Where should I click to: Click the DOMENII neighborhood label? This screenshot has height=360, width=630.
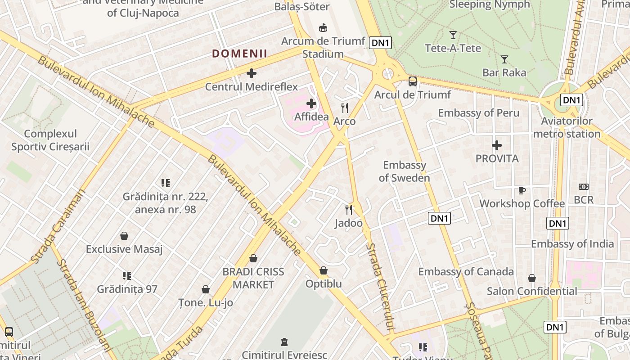click(x=239, y=54)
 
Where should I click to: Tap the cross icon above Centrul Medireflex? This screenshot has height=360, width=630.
click(x=252, y=73)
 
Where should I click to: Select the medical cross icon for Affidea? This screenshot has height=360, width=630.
click(x=311, y=104)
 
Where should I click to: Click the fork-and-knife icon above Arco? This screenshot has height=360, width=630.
click(x=345, y=108)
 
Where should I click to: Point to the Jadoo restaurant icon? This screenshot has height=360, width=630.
click(x=349, y=210)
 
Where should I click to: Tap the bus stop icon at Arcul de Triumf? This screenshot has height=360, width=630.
click(x=413, y=81)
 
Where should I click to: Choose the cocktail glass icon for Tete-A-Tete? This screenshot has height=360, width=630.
click(x=453, y=35)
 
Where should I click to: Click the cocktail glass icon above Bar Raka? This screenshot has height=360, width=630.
click(x=504, y=59)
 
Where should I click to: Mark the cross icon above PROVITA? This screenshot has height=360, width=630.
click(x=497, y=145)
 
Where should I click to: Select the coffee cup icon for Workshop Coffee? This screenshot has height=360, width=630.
click(x=522, y=190)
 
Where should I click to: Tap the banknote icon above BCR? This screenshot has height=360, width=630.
click(x=584, y=187)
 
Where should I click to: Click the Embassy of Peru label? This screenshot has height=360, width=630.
click(x=479, y=113)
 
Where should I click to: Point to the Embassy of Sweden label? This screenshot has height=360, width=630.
click(x=404, y=171)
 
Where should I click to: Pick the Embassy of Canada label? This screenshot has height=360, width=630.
click(x=466, y=272)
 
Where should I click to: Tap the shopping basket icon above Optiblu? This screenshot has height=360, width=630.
click(x=324, y=271)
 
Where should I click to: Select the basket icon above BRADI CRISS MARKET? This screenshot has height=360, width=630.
click(x=253, y=258)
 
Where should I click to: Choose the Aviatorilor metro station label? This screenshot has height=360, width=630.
click(x=567, y=127)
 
